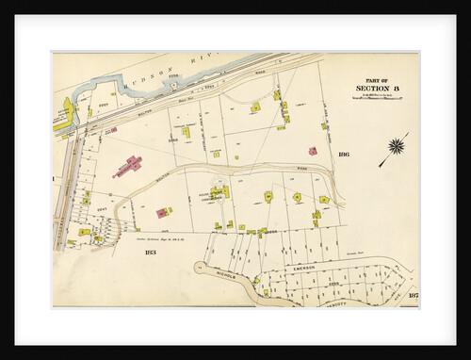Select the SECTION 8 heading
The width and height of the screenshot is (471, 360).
[x=378, y=90]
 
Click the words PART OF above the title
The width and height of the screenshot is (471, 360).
[x=377, y=80]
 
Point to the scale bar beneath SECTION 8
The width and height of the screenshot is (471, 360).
[x=377, y=97]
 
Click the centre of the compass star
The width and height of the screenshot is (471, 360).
[x=397, y=146]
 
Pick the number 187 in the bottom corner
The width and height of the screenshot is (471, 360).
[x=413, y=298]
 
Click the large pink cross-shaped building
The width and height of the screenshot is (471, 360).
[x=128, y=166]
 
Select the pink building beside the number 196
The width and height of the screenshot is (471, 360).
[x=312, y=151]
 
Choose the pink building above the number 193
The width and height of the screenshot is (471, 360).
[x=162, y=213]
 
